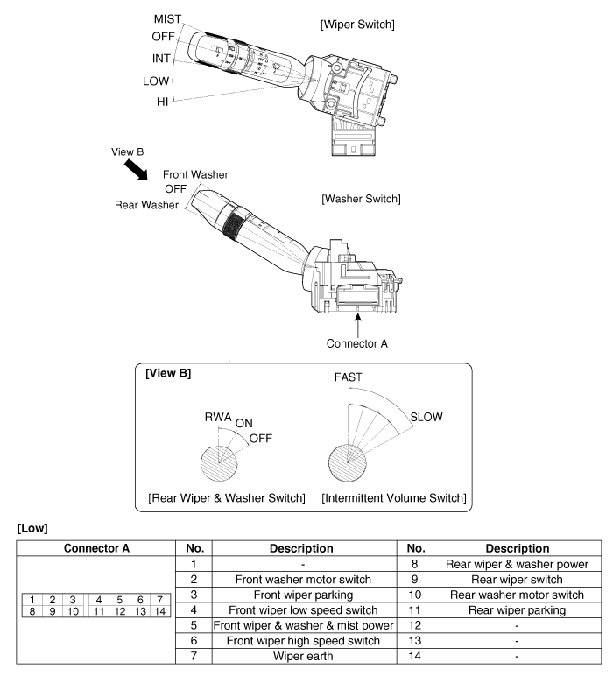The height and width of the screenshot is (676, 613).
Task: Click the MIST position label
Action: (167, 18)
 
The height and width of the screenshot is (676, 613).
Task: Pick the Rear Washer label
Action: (147, 205)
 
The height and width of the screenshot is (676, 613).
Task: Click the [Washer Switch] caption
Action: (362, 200)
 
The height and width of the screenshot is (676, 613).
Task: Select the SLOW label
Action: (426, 417)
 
